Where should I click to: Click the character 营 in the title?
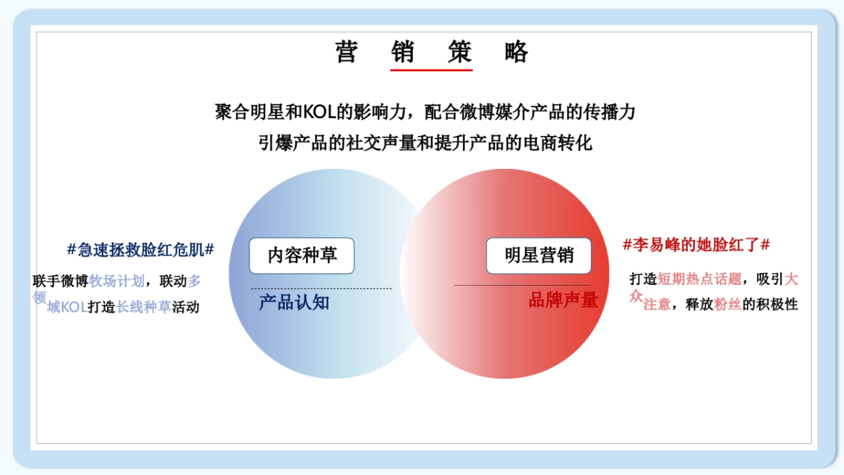tap(346, 51)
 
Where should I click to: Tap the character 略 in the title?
tap(516, 51)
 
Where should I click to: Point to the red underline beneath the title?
tap(431, 70)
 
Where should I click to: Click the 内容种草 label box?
tap(302, 255)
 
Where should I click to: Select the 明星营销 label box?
tap(539, 255)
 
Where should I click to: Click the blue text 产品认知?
tap(294, 303)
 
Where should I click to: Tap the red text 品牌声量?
tap(563, 300)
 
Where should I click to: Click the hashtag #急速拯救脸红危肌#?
tap(141, 249)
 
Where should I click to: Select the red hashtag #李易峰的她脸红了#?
tap(696, 245)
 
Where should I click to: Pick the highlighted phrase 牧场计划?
tap(117, 281)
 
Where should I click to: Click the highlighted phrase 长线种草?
tap(143, 308)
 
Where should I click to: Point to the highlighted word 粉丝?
tap(727, 305)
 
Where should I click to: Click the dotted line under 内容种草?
tap(321, 289)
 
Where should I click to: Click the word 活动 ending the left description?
tap(186, 308)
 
